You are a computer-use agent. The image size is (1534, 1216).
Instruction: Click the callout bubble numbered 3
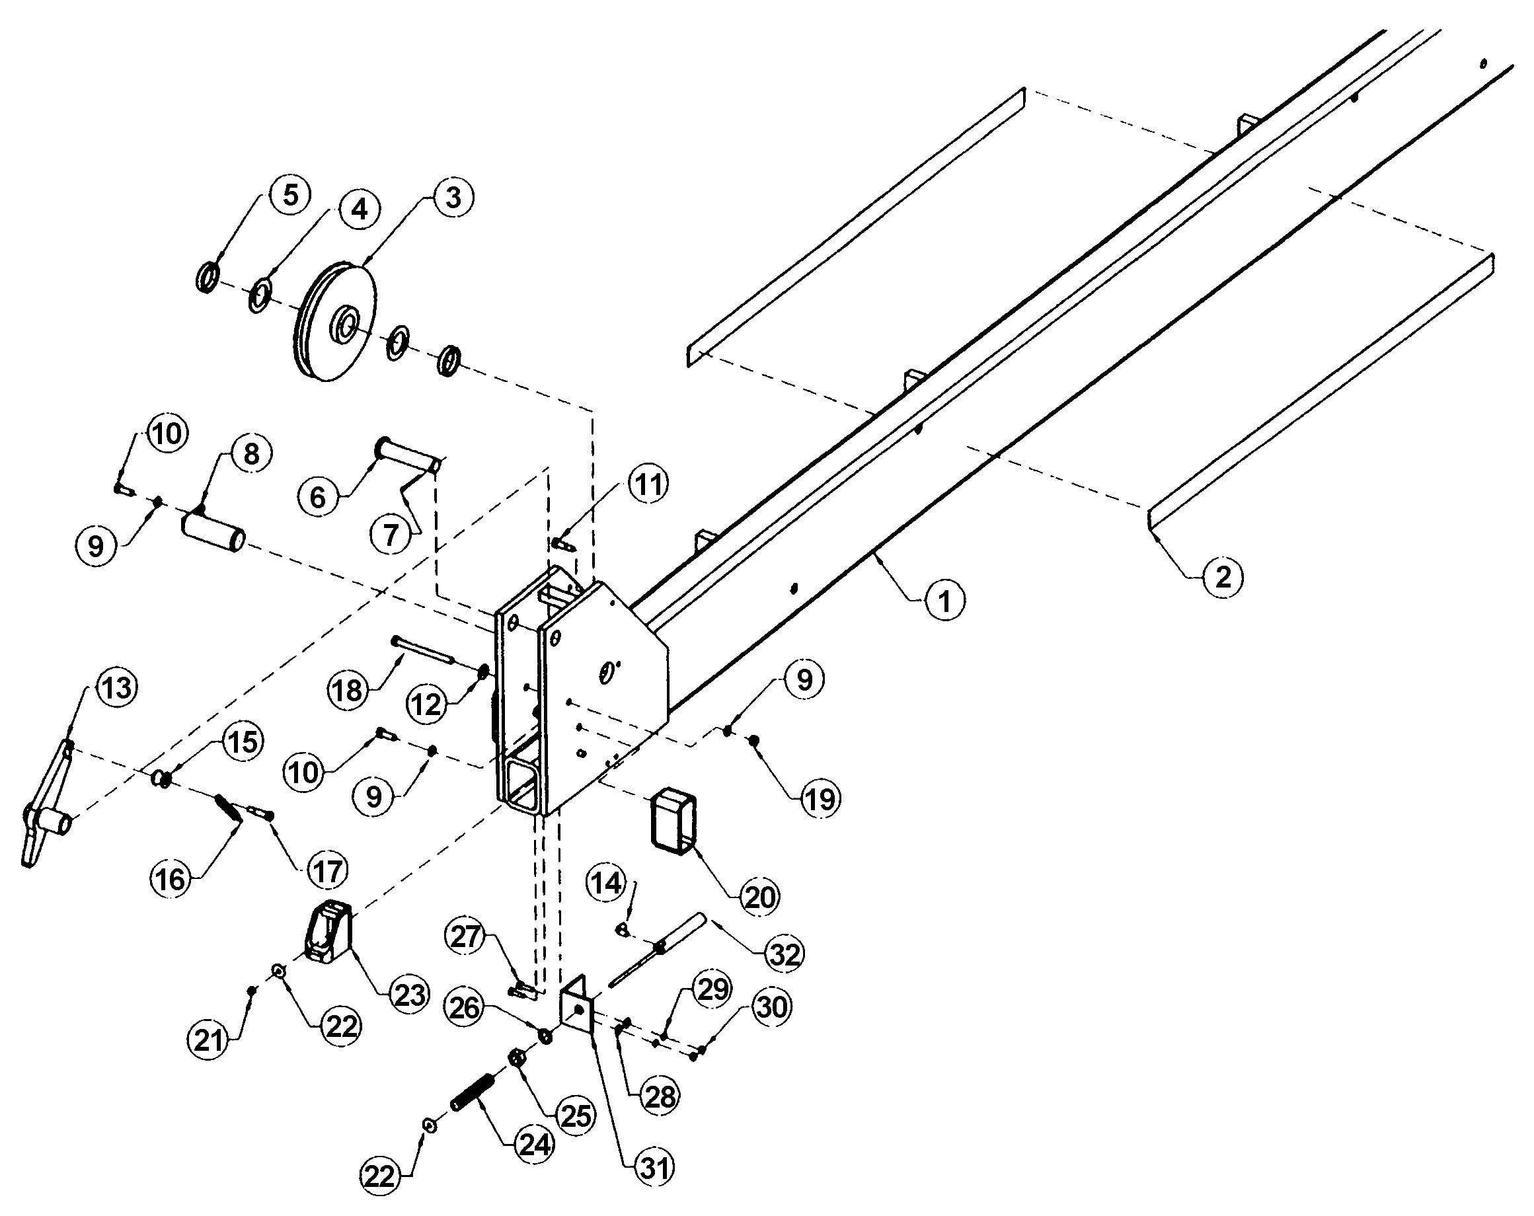(x=453, y=198)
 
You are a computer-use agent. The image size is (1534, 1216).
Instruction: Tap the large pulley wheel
(x=335, y=324)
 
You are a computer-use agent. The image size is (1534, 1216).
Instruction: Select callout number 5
(x=290, y=195)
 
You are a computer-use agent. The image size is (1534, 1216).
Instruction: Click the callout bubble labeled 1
(x=944, y=601)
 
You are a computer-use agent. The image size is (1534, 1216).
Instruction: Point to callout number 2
(x=1222, y=576)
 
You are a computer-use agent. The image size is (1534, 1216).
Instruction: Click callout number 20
(x=759, y=897)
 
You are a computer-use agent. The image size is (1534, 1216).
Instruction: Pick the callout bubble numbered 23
(x=410, y=995)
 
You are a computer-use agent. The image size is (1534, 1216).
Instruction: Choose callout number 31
(x=654, y=1168)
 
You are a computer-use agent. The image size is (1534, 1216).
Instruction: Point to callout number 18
(x=348, y=690)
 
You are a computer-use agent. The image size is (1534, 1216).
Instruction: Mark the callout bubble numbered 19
(x=820, y=799)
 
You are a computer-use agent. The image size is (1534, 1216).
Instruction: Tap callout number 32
(x=784, y=954)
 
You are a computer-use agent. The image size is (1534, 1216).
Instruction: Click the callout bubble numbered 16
(x=171, y=880)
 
